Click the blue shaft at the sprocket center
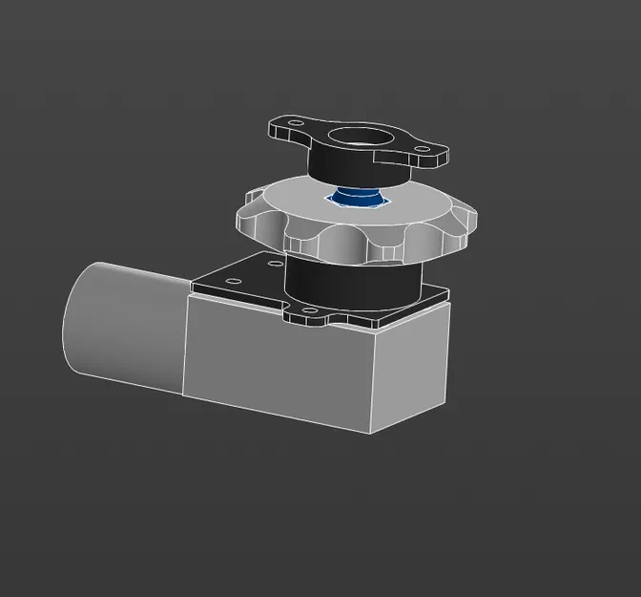pyautogui.click(x=358, y=199)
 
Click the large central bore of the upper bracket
pyautogui.click(x=364, y=139)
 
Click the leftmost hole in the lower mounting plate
pyautogui.click(x=232, y=281)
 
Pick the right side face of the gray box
pyautogui.click(x=410, y=368)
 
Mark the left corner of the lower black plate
pyautogui.click(x=193, y=285)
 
